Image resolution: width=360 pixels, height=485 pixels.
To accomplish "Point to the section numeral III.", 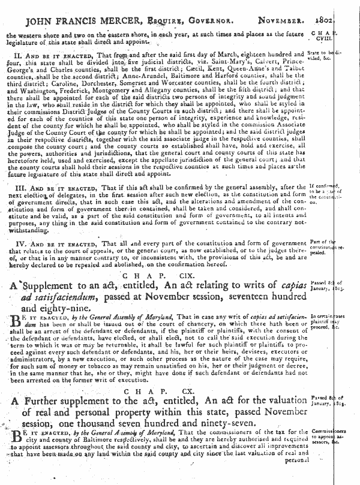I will click(x=19, y=188).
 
